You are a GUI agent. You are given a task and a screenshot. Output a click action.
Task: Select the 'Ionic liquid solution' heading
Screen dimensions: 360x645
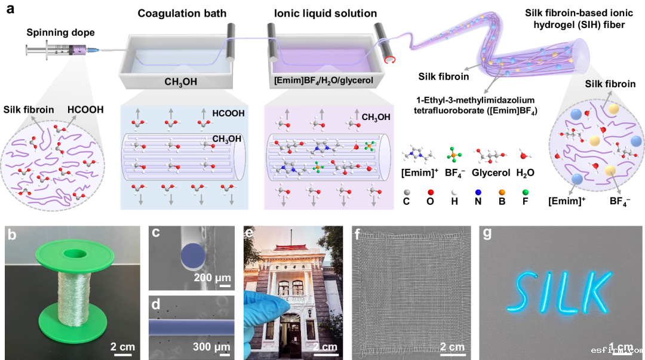point(321,14)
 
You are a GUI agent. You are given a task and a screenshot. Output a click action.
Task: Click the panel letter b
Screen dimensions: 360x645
point(11,235)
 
